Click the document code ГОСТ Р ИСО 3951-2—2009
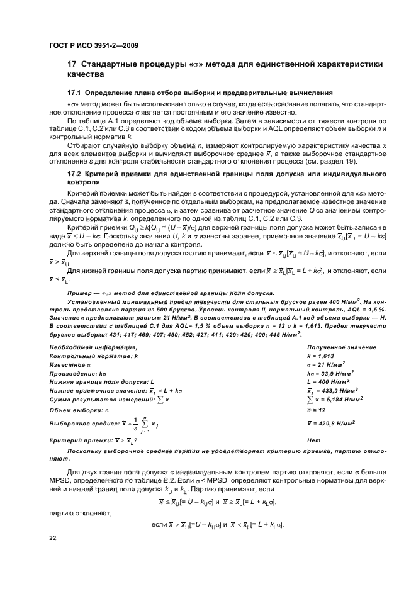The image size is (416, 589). pyautogui.click(x=94, y=46)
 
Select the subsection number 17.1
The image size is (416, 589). pyautogui.click(x=74, y=93)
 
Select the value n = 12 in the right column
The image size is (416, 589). pyautogui.click(x=315, y=410)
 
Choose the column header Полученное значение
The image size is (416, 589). pyautogui.click(x=341, y=347)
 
